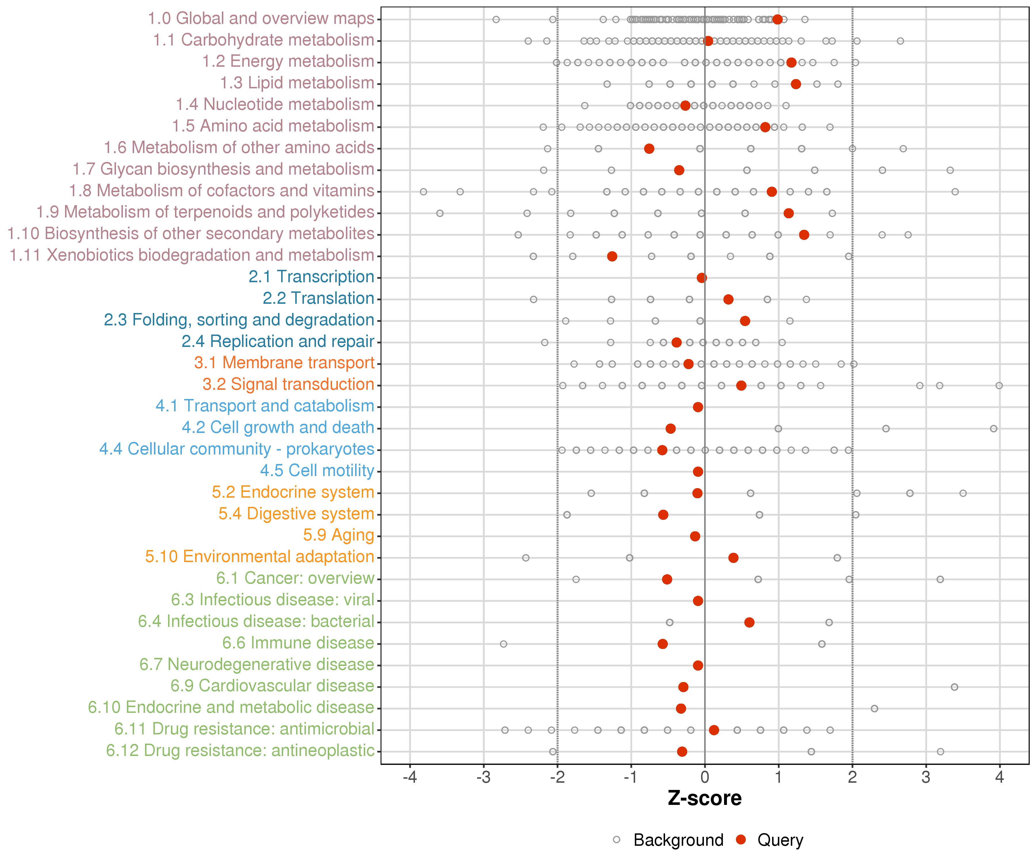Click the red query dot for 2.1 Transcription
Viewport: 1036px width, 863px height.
[x=702, y=278]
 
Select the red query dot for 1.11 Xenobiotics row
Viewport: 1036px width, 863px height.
[x=612, y=256]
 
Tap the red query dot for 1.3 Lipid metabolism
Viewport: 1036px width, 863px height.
[x=796, y=84]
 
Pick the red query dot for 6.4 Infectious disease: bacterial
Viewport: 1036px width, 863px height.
[x=749, y=622]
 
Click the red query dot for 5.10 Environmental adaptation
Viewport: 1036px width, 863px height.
[x=734, y=558]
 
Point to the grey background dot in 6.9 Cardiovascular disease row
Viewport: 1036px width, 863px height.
[x=955, y=687]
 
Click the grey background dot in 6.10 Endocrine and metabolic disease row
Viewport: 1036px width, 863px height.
[x=875, y=709]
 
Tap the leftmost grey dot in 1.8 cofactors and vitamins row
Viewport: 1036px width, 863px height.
[x=423, y=191]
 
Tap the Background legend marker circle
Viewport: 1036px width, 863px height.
[x=617, y=840]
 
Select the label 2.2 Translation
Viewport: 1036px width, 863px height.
[x=318, y=298]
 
